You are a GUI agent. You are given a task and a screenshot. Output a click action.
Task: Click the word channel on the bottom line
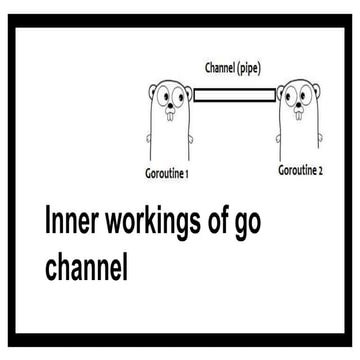(88, 267)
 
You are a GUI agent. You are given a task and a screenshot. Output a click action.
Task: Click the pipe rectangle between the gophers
(234, 96)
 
